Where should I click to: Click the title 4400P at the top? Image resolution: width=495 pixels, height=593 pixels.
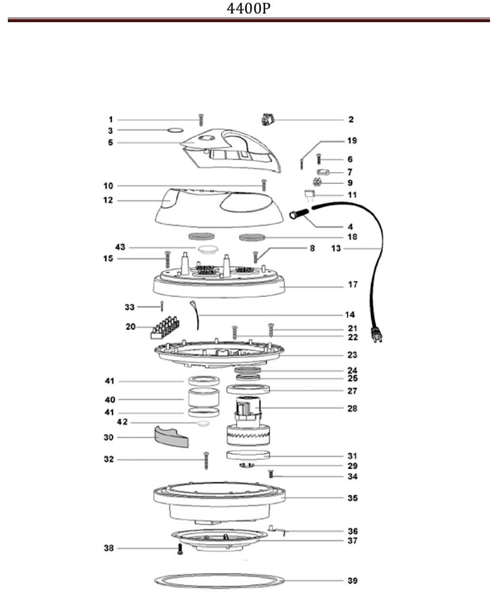(x=248, y=9)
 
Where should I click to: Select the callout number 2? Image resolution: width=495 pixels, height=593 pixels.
(x=351, y=120)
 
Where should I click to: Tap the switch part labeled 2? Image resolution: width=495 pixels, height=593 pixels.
(x=267, y=119)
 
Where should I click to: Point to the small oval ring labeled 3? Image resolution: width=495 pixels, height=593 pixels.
(x=175, y=130)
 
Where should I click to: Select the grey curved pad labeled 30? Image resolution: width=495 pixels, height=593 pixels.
(x=170, y=437)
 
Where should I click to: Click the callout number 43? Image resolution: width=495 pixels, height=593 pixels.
(x=120, y=247)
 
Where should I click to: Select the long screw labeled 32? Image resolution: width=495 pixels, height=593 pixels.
(x=206, y=460)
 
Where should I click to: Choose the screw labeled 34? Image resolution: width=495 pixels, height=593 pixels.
(x=271, y=474)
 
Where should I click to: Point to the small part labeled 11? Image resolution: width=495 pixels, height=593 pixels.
(x=309, y=195)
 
